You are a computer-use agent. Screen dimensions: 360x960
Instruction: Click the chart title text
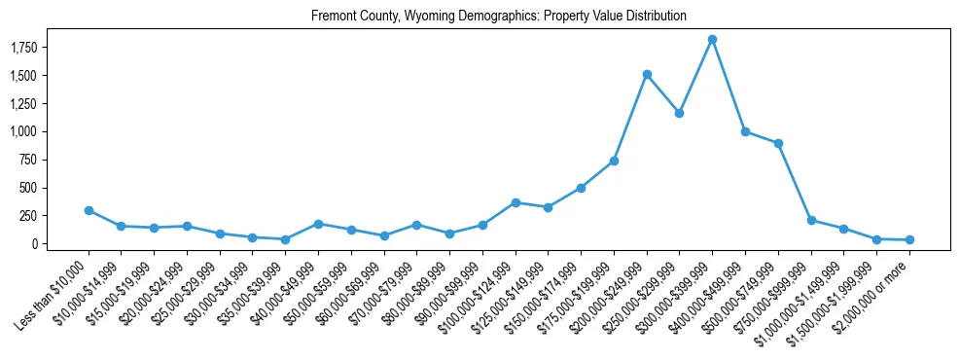click(x=499, y=16)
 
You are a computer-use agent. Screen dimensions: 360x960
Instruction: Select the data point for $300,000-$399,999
click(x=713, y=39)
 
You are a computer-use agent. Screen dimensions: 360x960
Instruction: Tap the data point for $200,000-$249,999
click(x=647, y=74)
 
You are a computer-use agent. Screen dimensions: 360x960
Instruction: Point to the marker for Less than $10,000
click(x=89, y=210)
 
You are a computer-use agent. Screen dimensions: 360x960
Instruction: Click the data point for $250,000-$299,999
click(x=680, y=113)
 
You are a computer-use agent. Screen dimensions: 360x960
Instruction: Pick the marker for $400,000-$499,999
click(x=745, y=131)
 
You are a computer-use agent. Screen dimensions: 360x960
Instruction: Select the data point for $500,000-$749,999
click(x=778, y=143)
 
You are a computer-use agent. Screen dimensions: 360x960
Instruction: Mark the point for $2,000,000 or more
click(x=909, y=239)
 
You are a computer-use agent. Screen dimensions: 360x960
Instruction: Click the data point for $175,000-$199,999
click(x=614, y=161)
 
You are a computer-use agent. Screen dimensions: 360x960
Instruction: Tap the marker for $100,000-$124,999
click(x=516, y=202)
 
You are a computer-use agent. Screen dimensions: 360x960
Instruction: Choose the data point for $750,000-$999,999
click(x=811, y=220)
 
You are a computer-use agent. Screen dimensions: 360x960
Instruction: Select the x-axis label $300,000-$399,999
click(x=681, y=288)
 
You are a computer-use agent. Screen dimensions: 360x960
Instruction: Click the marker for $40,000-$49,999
click(x=318, y=224)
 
